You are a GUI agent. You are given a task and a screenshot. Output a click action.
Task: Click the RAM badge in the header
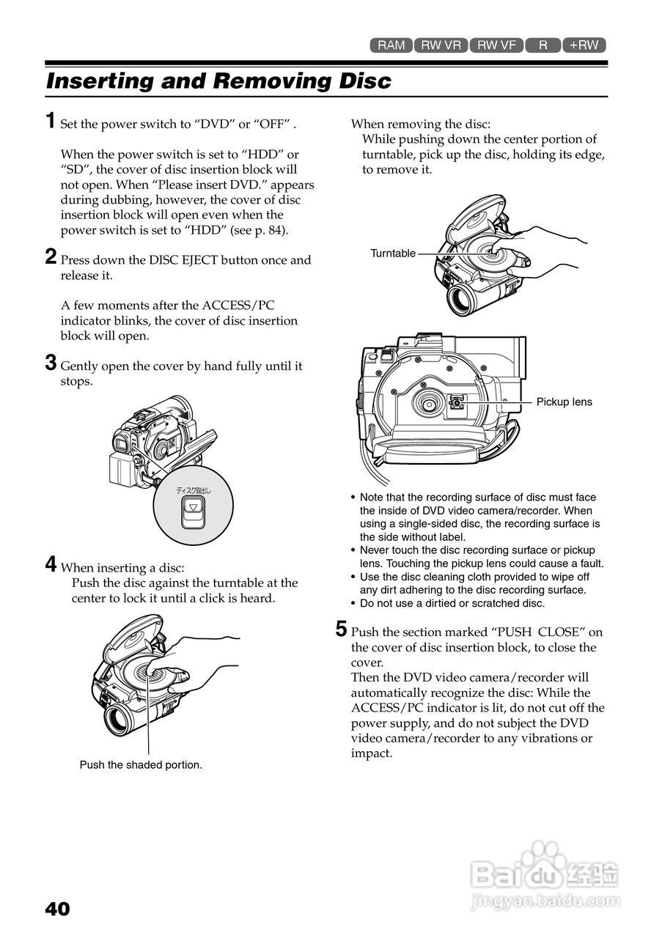click(391, 45)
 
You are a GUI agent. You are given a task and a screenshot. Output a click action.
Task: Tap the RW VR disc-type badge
click(441, 45)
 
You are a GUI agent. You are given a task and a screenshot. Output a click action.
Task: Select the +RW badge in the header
click(584, 45)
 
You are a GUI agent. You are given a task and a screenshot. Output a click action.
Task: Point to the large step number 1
click(50, 121)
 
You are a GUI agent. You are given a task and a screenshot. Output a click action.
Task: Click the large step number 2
click(51, 256)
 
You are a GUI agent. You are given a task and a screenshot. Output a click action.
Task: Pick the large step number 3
click(51, 363)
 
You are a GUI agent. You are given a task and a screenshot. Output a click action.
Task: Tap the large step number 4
click(51, 564)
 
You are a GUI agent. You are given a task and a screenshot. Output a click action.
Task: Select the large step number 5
click(341, 629)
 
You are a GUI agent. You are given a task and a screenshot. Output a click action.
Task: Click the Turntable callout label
click(393, 254)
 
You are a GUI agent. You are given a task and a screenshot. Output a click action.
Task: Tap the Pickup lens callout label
click(564, 402)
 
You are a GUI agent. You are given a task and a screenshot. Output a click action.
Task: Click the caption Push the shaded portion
click(141, 765)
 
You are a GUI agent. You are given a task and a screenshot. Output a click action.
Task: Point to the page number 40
click(57, 909)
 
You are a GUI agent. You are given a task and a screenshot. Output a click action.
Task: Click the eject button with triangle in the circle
click(193, 509)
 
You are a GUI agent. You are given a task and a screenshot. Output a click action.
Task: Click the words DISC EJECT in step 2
click(184, 260)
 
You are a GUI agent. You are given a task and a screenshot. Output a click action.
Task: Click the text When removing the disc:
click(421, 124)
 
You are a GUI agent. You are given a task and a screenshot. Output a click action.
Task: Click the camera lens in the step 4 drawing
click(118, 720)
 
